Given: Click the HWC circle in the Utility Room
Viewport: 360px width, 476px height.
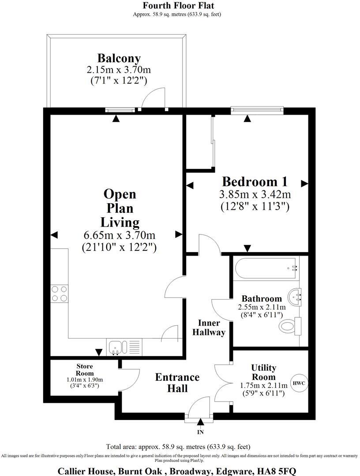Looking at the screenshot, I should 299,383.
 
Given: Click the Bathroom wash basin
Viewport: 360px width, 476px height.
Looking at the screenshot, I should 296,296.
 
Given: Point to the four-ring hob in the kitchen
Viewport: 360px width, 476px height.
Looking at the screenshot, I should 60,294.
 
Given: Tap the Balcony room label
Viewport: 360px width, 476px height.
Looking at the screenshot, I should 119,58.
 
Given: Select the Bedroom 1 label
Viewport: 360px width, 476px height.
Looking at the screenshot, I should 255,181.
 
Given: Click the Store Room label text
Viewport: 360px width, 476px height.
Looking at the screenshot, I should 84,369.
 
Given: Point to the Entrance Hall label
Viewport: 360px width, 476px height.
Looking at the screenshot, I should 177,383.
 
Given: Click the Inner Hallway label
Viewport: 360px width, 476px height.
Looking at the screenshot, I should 209,327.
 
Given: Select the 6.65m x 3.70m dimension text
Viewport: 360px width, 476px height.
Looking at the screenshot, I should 120,235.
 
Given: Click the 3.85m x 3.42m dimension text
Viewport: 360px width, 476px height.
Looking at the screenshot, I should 255,194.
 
